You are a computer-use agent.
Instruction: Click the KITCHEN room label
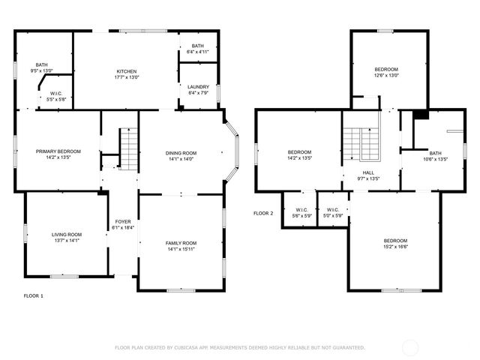(x=126, y=70)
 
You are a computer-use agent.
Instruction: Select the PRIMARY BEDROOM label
(x=58, y=151)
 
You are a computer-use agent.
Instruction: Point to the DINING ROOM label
(x=181, y=153)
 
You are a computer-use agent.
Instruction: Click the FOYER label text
(x=122, y=222)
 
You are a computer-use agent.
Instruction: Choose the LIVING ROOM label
(x=66, y=235)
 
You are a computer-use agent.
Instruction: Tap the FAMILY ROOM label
(x=181, y=243)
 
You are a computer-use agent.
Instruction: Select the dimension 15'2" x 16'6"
(x=395, y=247)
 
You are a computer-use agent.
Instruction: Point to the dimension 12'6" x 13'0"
(x=387, y=75)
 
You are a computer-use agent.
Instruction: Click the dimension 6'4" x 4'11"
(x=197, y=52)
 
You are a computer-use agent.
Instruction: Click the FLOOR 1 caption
(x=34, y=295)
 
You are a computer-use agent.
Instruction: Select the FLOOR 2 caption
(x=263, y=214)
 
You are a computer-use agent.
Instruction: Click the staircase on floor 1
(x=130, y=148)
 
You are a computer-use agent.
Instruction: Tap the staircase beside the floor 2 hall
(x=363, y=143)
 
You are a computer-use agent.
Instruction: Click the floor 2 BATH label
(x=435, y=153)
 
